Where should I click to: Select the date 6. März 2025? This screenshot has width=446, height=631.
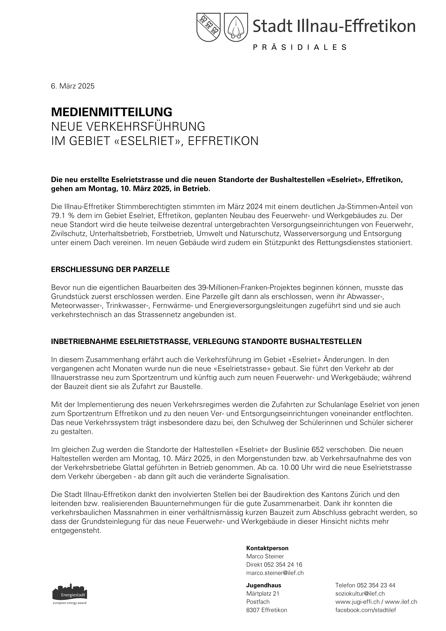click(x=73, y=86)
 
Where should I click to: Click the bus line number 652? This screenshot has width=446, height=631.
click(x=318, y=450)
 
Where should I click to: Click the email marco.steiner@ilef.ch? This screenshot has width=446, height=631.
click(x=275, y=573)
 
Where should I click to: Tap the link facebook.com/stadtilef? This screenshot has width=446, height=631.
click(x=365, y=610)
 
